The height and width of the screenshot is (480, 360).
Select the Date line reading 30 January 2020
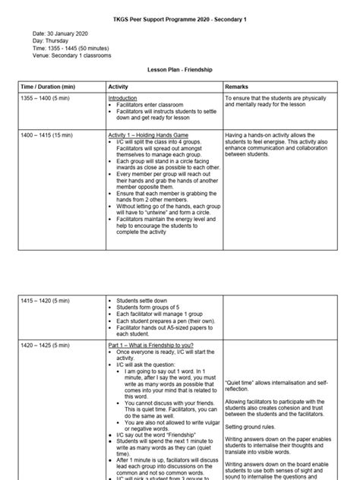click(62, 33)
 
